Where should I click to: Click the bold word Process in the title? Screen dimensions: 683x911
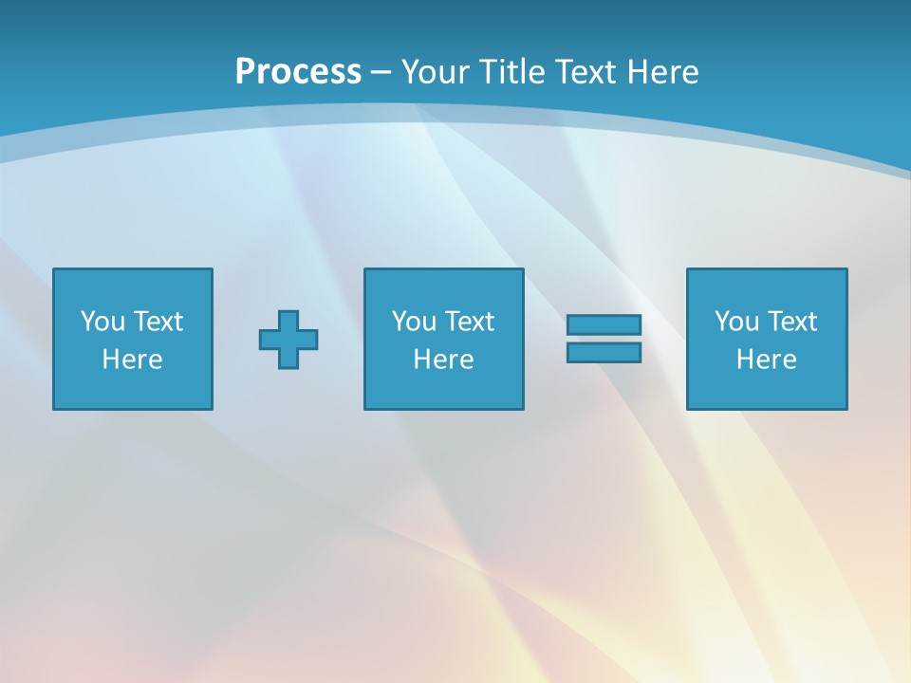pyautogui.click(x=298, y=72)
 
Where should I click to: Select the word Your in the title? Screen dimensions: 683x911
pyautogui.click(x=431, y=72)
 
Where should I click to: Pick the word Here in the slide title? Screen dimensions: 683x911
pyautogui.click(x=663, y=72)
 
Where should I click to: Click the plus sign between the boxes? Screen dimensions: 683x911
pyautogui.click(x=288, y=339)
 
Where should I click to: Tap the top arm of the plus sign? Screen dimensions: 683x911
pyautogui.click(x=288, y=320)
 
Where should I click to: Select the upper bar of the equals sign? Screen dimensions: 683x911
pyautogui.click(x=604, y=324)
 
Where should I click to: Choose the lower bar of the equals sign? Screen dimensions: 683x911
pyautogui.click(x=604, y=352)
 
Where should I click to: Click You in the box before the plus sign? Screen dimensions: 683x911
pyautogui.click(x=102, y=322)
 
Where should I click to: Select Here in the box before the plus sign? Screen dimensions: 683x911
pyautogui.click(x=132, y=360)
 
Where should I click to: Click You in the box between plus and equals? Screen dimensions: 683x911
pyautogui.click(x=414, y=322)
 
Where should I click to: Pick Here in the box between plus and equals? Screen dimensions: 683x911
pyautogui.click(x=443, y=360)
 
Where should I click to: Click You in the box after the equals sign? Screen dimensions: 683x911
pyautogui.click(x=736, y=322)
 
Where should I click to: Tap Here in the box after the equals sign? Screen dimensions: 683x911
pyautogui.click(x=766, y=360)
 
